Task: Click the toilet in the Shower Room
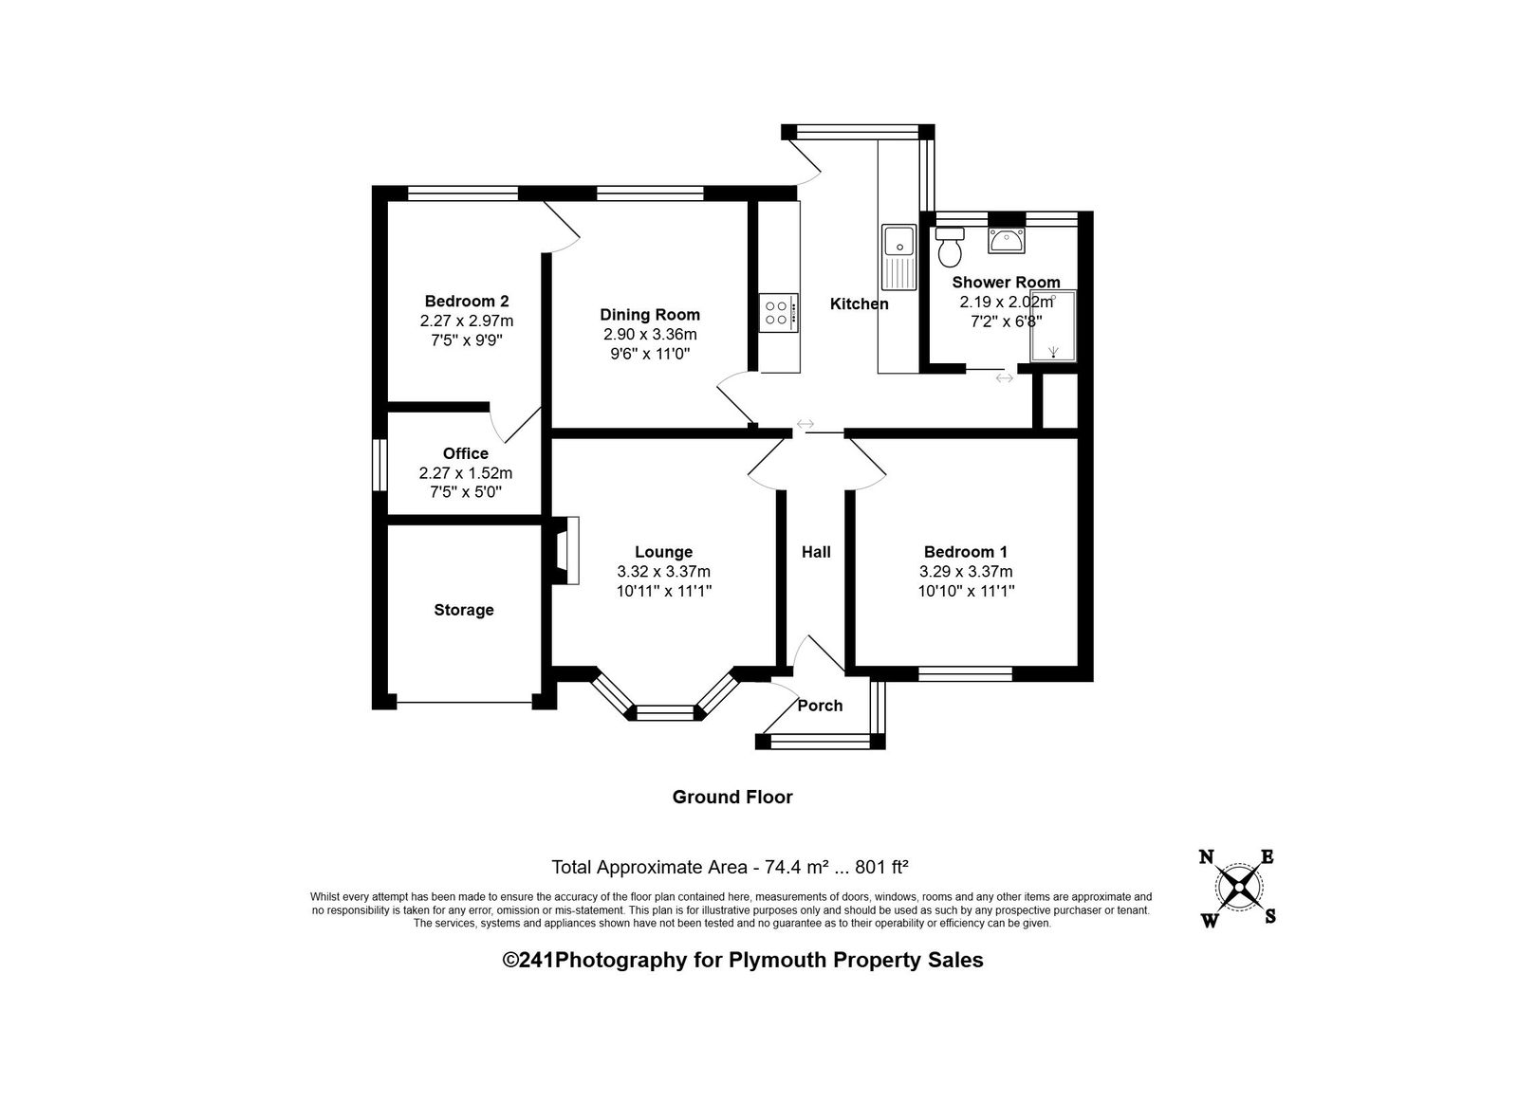pyautogui.click(x=949, y=247)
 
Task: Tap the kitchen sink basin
pyautogui.click(x=898, y=241)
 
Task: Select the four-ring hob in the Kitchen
pyautogui.click(x=779, y=313)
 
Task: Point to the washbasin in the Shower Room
pyautogui.click(x=1007, y=241)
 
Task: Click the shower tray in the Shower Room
pyautogui.click(x=1053, y=325)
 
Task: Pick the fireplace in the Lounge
pyautogui.click(x=565, y=551)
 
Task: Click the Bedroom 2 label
pyautogui.click(x=466, y=302)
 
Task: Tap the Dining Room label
pyautogui.click(x=650, y=315)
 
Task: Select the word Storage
pyautogui.click(x=464, y=610)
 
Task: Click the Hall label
pyautogui.click(x=816, y=552)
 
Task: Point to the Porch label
pyautogui.click(x=820, y=706)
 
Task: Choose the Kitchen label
pyautogui.click(x=860, y=304)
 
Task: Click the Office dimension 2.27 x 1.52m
pyautogui.click(x=466, y=473)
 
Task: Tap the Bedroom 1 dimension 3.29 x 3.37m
pyautogui.click(x=966, y=572)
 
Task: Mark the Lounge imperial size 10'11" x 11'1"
pyautogui.click(x=663, y=591)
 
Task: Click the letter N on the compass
pyautogui.click(x=1206, y=857)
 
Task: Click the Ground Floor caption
pyautogui.click(x=731, y=798)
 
